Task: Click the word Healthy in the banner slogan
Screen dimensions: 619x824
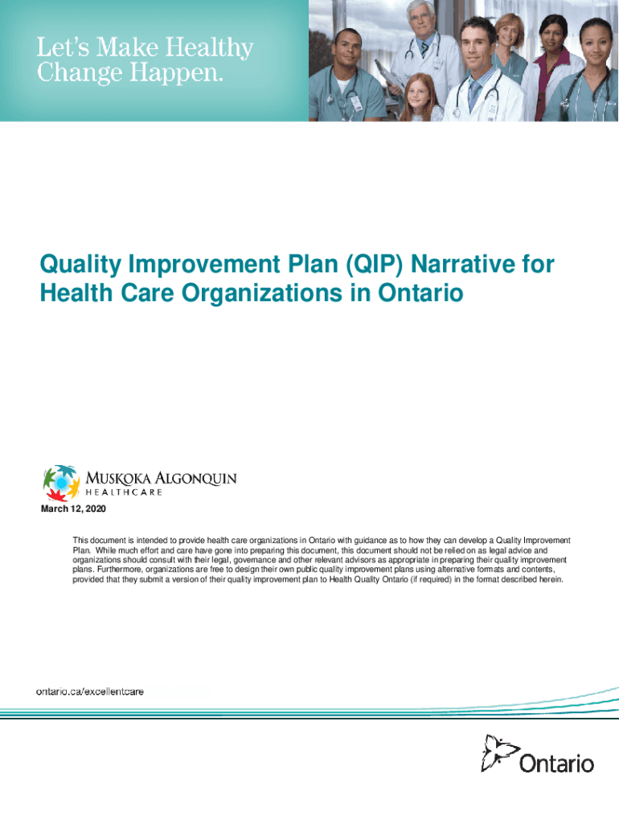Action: point(210,48)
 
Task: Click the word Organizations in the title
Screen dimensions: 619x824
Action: point(261,293)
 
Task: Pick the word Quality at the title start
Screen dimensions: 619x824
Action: point(80,264)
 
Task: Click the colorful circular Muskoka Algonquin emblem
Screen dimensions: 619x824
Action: point(61,483)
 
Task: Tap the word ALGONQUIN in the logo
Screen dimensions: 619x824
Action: point(195,479)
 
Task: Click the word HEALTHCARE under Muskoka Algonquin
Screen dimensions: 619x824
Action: point(123,492)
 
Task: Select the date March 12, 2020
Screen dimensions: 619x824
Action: point(73,509)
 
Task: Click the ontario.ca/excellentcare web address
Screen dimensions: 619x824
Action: point(90,691)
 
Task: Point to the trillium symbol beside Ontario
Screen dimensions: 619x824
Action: point(499,752)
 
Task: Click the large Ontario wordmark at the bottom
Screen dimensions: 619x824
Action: point(556,764)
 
